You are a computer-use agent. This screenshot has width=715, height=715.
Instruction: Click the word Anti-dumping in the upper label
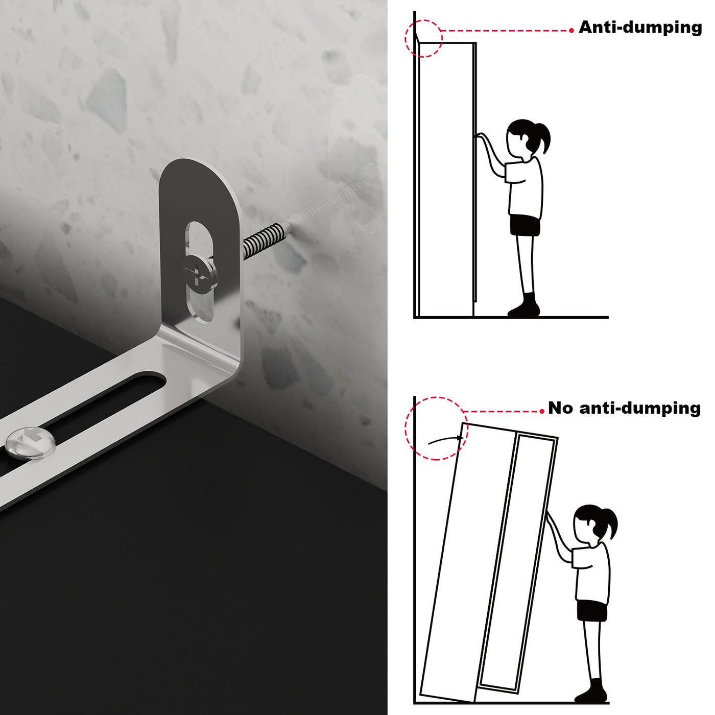pos(640,28)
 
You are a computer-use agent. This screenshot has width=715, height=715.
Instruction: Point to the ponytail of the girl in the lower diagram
pos(608,523)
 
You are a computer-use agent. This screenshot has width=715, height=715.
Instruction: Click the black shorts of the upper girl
pos(525,225)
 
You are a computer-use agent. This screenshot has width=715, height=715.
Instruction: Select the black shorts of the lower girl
pos(592,610)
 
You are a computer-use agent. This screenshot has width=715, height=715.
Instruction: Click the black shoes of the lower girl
pos(592,691)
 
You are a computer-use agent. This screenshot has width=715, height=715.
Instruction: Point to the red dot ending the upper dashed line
pos(571,31)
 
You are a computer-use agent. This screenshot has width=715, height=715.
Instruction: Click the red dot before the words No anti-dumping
pos(543,411)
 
